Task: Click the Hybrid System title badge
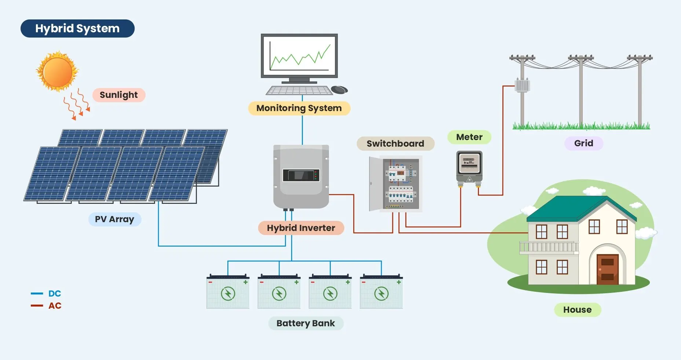(x=77, y=29)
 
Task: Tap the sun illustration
(x=57, y=71)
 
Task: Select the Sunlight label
(x=118, y=95)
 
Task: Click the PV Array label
(x=114, y=219)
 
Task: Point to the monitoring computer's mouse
(x=339, y=89)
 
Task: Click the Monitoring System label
(x=299, y=108)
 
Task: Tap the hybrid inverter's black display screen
(x=301, y=175)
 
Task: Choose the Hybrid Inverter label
(x=301, y=228)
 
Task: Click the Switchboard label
(x=395, y=143)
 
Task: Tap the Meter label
(x=469, y=137)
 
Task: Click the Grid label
(x=583, y=143)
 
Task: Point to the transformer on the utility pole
(x=522, y=85)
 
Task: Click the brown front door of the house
(x=607, y=269)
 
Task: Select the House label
(x=577, y=310)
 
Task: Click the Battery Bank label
(x=305, y=323)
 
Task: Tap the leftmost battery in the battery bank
(x=228, y=292)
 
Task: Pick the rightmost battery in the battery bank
(x=381, y=292)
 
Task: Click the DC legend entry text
(x=55, y=294)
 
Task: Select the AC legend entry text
(x=55, y=306)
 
